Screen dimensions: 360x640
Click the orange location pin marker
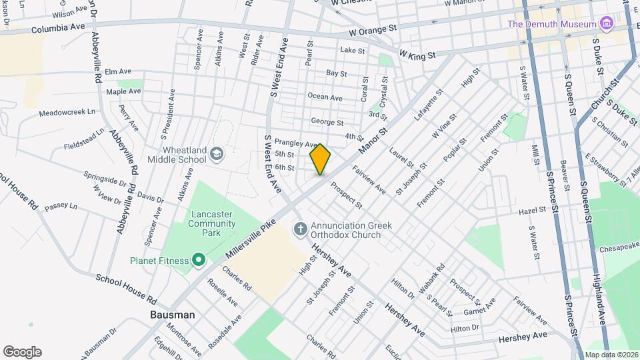[320, 159]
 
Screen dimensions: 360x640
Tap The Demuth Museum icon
[605, 25]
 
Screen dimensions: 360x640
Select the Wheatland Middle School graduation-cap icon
[217, 155]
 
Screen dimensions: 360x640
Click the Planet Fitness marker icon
[198, 260]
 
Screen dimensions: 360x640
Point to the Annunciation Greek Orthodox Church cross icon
[300, 230]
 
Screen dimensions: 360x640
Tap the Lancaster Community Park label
[211, 219]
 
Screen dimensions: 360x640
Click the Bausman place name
[172, 315]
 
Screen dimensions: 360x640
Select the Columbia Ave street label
[58, 27]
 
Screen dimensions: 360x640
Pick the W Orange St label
[372, 31]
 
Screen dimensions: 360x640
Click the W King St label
[417, 53]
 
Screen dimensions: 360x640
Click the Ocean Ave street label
[325, 97]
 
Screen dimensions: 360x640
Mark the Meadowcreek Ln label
[68, 113]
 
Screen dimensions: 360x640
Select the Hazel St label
[533, 211]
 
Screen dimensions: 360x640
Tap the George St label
[327, 123]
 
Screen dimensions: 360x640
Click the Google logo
[22, 352]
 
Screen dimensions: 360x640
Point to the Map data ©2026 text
[611, 355]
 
